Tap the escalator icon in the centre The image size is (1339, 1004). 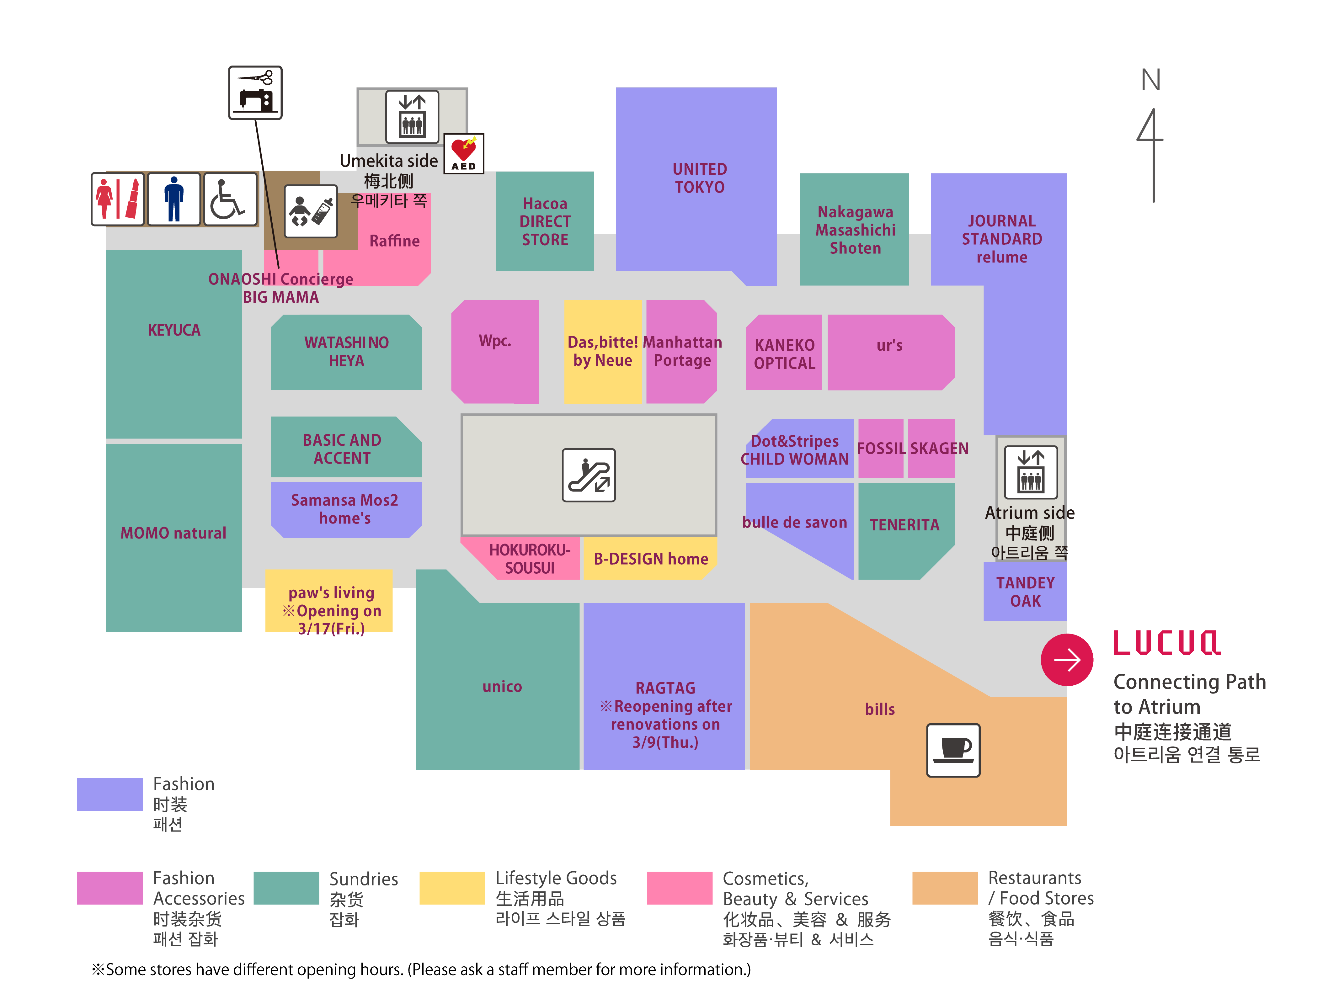point(588,475)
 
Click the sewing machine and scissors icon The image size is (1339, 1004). point(255,93)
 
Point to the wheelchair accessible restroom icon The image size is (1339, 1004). point(230,199)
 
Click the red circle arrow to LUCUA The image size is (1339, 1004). point(1067,660)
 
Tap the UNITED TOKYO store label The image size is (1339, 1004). point(700,178)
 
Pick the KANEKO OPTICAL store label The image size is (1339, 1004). point(785,354)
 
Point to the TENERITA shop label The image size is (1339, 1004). point(904,525)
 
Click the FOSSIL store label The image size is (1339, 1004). point(881,449)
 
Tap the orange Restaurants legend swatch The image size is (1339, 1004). point(944,888)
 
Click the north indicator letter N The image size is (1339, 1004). point(1151,80)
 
